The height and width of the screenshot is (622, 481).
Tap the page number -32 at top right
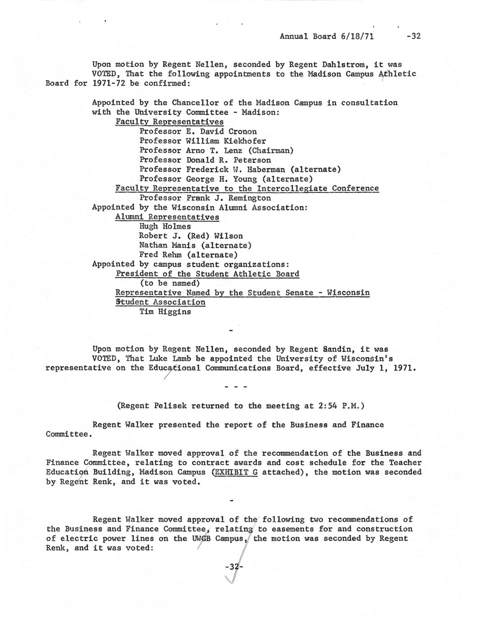(413, 36)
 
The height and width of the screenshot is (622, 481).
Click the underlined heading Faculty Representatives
(169, 122)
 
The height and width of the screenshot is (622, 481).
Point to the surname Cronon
(243, 132)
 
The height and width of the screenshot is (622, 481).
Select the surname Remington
(250, 198)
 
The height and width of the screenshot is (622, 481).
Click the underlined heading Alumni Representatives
(167, 217)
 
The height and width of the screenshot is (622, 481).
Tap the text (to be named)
(169, 283)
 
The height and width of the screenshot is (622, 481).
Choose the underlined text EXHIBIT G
(235, 472)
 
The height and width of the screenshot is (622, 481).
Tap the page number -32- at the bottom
(234, 567)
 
